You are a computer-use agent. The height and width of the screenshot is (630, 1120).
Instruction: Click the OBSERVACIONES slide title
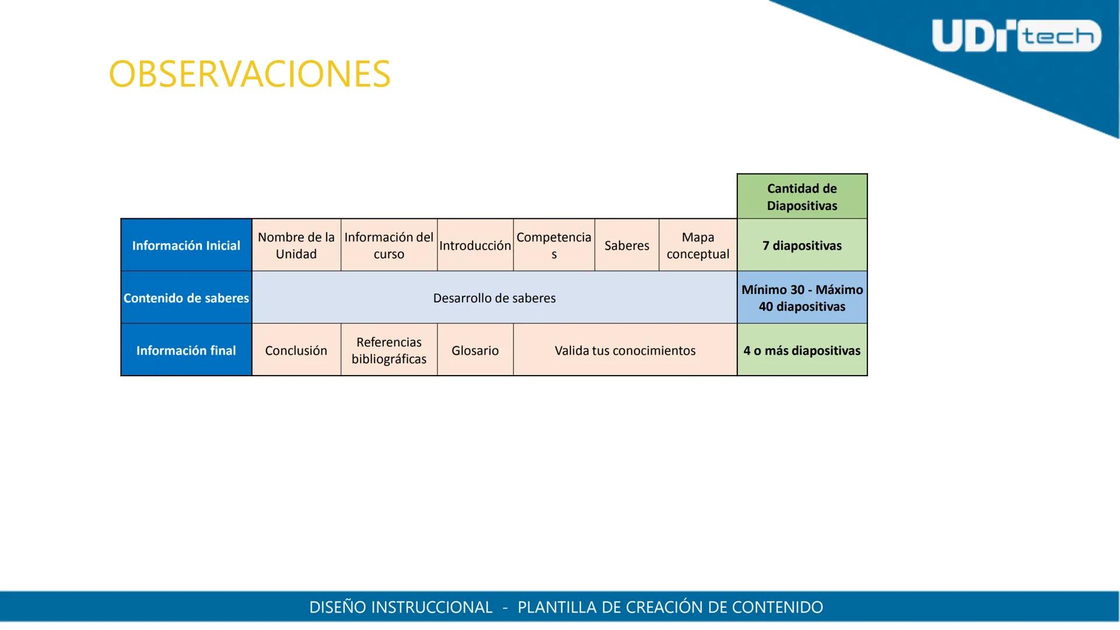[250, 74]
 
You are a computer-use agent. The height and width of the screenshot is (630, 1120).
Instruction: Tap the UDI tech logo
[1016, 36]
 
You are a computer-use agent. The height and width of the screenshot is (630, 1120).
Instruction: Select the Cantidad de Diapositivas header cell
[801, 197]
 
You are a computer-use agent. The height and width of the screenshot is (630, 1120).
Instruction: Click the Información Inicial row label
[186, 246]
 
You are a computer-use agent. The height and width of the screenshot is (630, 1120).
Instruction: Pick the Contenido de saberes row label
[186, 298]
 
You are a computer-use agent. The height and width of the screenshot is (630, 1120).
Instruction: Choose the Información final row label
[186, 351]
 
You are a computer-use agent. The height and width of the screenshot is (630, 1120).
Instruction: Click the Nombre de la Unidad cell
[296, 246]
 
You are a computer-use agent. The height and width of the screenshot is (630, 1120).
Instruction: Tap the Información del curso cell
[389, 246]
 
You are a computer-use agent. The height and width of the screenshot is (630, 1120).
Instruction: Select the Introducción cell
[475, 246]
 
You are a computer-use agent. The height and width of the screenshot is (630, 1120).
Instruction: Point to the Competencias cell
[554, 246]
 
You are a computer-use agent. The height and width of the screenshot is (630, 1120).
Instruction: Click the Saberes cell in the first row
[626, 246]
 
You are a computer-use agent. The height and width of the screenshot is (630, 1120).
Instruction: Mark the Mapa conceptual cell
[698, 246]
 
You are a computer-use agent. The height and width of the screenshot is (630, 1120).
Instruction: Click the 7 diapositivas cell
[801, 246]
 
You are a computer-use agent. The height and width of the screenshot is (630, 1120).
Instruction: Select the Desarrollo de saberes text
[494, 298]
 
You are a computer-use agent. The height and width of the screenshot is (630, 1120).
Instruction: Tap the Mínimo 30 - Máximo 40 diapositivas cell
[801, 298]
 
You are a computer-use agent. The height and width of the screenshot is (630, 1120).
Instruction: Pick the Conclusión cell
[296, 351]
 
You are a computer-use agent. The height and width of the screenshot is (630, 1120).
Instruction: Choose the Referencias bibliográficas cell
[389, 351]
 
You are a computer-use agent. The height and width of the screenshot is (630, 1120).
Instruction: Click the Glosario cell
[475, 351]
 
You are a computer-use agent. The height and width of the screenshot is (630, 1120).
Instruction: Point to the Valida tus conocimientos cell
[625, 351]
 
